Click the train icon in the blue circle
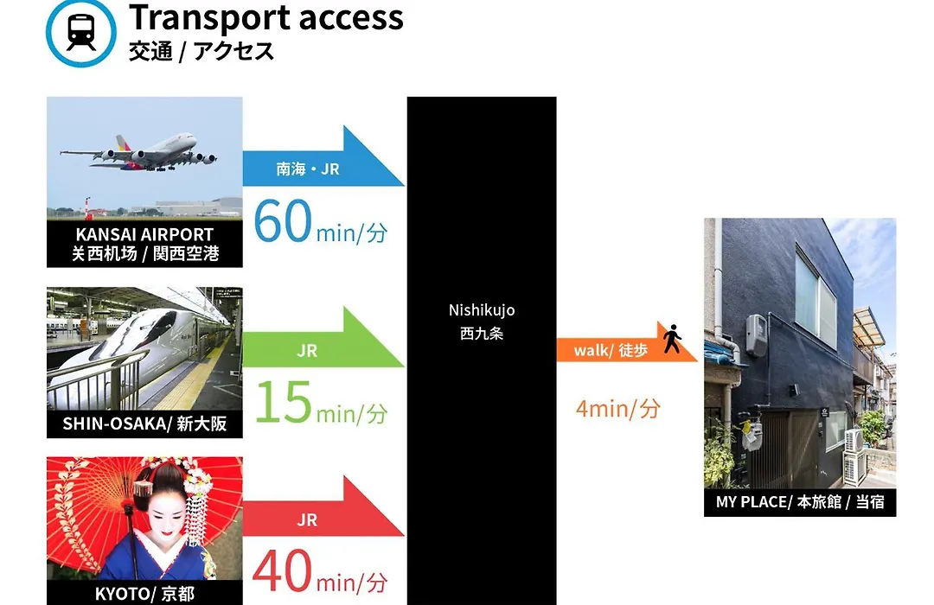click(81, 33)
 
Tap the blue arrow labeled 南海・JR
click(323, 156)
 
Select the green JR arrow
click(323, 337)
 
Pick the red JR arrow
click(323, 506)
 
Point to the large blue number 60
click(282, 221)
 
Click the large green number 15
click(284, 403)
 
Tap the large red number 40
click(282, 570)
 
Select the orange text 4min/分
click(618, 409)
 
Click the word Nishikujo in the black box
click(482, 310)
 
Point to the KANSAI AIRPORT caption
click(144, 234)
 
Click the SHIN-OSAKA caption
click(144, 423)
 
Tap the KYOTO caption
click(144, 594)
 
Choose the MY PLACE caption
click(799, 502)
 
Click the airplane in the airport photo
click(138, 152)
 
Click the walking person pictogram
click(673, 338)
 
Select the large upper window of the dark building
click(816, 298)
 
